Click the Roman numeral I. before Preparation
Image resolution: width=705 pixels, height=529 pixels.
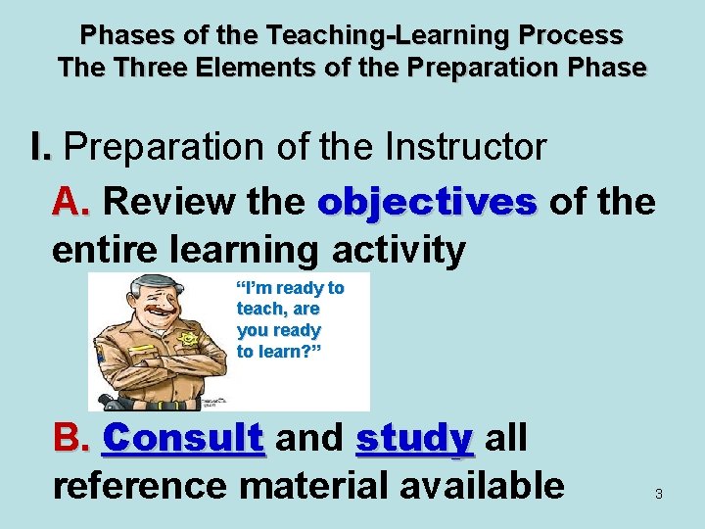pos(41,148)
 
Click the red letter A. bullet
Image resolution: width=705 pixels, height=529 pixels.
pos(72,202)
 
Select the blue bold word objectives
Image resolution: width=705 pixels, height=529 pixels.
pos(427,203)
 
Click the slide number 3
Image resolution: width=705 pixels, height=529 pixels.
pos(658,495)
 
